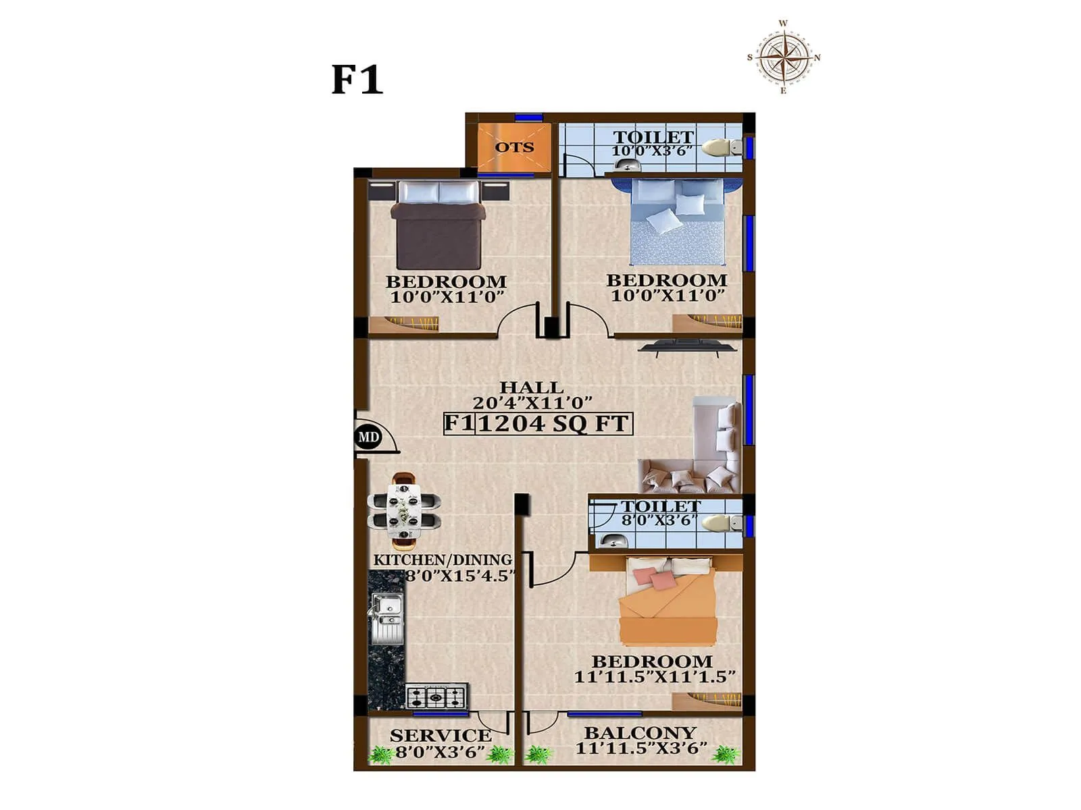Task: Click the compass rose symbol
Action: tap(784, 57)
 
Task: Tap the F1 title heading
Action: tap(357, 80)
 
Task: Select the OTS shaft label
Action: tap(514, 147)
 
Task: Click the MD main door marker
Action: tap(368, 437)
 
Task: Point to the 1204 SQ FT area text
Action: tap(554, 423)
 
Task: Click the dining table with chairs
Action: tap(404, 511)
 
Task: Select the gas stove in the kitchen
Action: tap(436, 695)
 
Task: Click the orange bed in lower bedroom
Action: tap(669, 601)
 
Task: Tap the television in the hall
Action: tap(688, 347)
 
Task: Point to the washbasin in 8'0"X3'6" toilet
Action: tap(613, 540)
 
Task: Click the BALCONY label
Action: tap(640, 732)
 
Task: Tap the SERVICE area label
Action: tap(440, 735)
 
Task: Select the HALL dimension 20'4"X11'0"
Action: tap(532, 403)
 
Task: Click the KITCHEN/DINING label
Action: tap(443, 560)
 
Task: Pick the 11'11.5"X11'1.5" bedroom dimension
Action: tap(654, 676)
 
